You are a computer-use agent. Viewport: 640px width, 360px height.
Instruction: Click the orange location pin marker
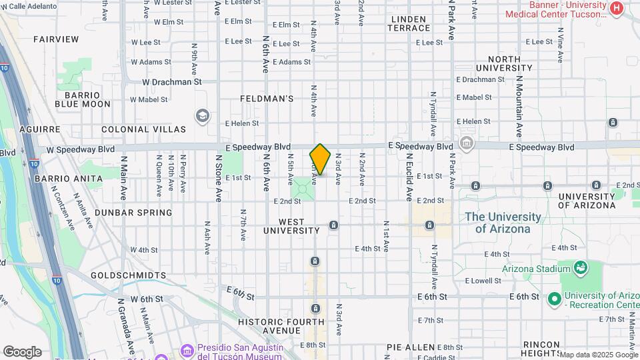(x=320, y=160)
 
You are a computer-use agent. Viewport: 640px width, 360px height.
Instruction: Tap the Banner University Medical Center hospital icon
(x=616, y=9)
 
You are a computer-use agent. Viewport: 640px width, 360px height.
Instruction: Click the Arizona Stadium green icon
(x=580, y=269)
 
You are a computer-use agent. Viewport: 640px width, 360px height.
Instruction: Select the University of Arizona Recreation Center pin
(x=554, y=299)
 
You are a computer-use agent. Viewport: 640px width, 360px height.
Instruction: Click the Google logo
(x=22, y=352)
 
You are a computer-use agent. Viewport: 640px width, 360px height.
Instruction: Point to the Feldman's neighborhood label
(x=267, y=99)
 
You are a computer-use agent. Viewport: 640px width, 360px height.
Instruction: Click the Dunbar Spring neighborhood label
(x=133, y=213)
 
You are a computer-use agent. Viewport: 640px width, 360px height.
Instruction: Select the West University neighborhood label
(x=291, y=226)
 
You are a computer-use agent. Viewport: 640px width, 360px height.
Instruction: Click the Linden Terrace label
(x=410, y=23)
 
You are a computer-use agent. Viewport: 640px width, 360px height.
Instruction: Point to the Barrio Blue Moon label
(x=83, y=99)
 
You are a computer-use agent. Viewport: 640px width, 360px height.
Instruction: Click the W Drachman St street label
(x=171, y=82)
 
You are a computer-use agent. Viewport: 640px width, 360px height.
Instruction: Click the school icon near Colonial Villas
(x=202, y=117)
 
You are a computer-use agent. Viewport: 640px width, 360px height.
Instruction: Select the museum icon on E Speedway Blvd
(x=466, y=144)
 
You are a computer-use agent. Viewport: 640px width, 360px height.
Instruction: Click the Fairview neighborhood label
(x=56, y=39)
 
